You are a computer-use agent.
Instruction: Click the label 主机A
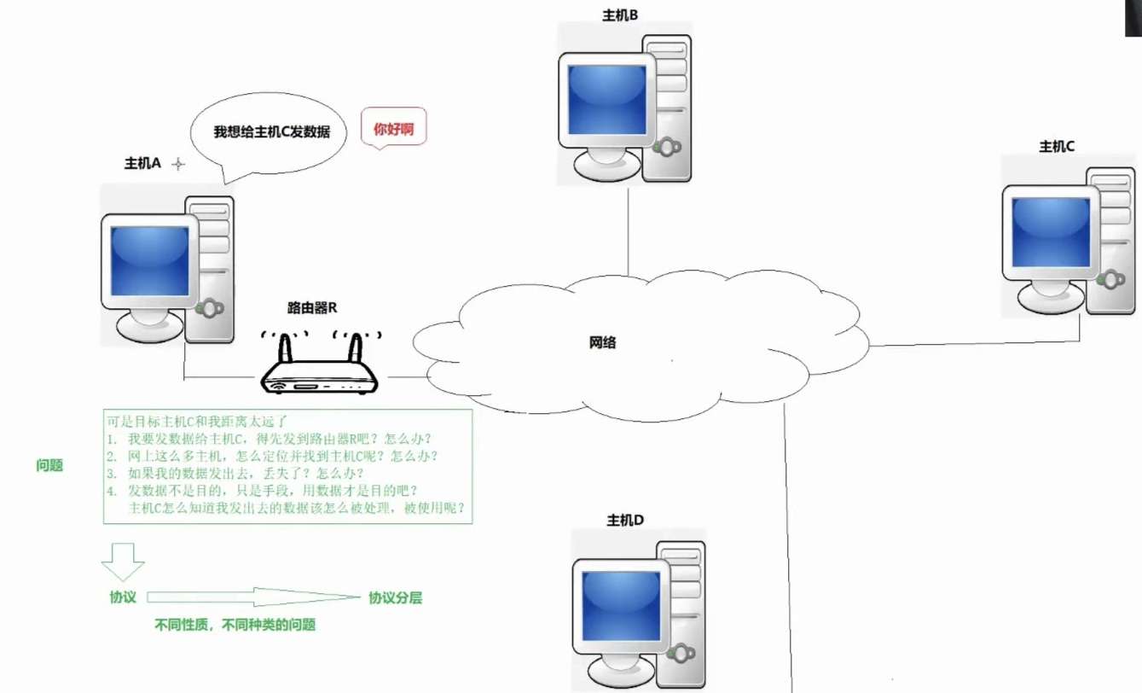(x=142, y=164)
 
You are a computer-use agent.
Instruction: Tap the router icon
(x=319, y=367)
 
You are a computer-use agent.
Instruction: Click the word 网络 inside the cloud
(x=602, y=343)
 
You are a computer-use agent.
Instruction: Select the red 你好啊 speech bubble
(x=394, y=130)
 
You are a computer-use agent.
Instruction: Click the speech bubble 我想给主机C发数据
(x=269, y=133)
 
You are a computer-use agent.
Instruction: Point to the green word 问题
(x=49, y=466)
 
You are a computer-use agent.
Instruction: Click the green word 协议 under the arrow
(x=123, y=597)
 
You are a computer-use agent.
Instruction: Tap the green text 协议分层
(x=395, y=597)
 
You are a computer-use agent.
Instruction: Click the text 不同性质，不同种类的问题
(x=235, y=625)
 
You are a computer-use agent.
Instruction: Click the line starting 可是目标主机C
(x=199, y=421)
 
